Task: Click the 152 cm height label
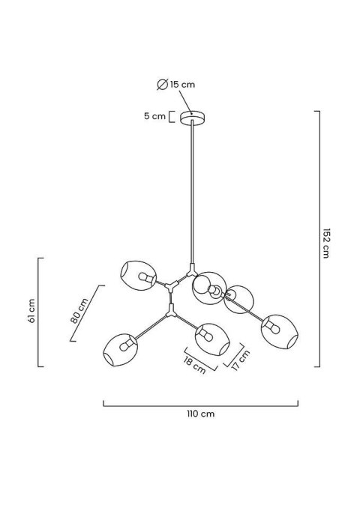[326, 244]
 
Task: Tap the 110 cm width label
[200, 414]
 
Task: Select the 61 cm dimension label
[31, 311]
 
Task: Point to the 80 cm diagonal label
[79, 310]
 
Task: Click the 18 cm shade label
[194, 365]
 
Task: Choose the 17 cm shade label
[241, 360]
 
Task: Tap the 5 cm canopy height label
[154, 116]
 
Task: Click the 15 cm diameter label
[182, 85]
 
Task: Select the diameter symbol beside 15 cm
[162, 84]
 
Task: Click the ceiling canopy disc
[193, 118]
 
